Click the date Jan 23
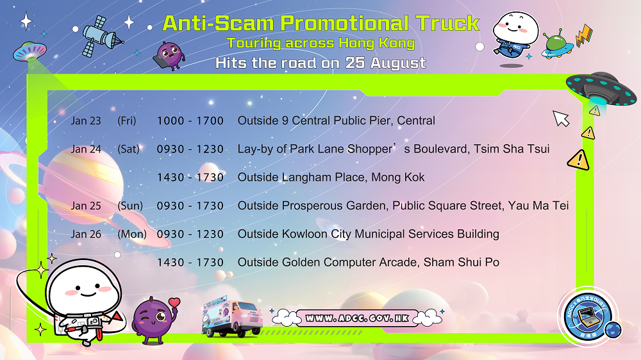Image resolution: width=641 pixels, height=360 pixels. point(86,121)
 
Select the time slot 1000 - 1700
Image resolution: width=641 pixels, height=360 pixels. point(190,121)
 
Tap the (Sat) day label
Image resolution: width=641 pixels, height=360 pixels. point(128,149)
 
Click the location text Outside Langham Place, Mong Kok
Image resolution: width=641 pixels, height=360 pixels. point(331,177)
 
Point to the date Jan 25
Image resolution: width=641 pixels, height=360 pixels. point(86,206)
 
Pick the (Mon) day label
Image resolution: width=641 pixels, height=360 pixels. point(132,234)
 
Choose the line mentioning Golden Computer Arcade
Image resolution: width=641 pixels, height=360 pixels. point(368,262)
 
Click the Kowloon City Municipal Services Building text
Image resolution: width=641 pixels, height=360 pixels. point(368,234)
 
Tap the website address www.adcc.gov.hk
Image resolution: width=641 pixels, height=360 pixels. point(356,318)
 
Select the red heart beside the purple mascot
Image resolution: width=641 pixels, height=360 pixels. point(174,302)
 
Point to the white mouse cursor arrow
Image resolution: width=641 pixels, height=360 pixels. point(562,119)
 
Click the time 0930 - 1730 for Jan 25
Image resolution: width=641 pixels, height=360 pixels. point(190,206)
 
